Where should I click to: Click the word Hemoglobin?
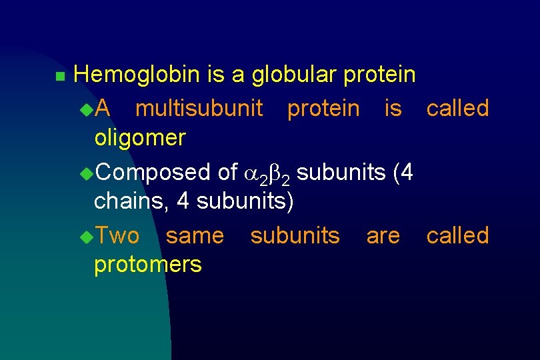coord(136,75)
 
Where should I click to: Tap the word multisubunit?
coord(199,108)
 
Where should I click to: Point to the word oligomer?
coord(140,138)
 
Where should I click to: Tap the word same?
coord(195,235)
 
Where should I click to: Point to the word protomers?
coord(148,265)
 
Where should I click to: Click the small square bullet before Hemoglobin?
coord(59,77)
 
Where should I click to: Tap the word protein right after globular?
coord(379,75)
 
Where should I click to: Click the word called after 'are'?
coord(457,235)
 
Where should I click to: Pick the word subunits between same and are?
coord(295,235)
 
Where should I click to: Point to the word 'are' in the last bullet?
coord(383,237)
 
